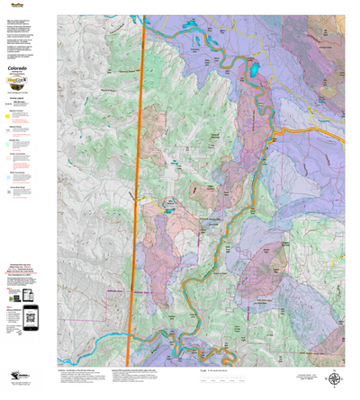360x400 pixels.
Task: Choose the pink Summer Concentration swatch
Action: [x=8, y=158]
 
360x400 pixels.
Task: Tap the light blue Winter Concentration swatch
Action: [x=8, y=176]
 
